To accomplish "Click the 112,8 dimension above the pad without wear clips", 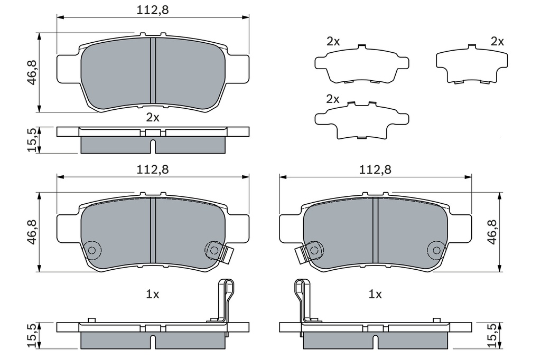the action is [x=153, y=10].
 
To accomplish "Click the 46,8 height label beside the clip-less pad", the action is [x=33, y=73].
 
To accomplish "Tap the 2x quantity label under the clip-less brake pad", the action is [x=153, y=118].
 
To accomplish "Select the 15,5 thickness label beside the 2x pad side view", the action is [x=33, y=140].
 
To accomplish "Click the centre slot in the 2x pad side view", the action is [x=153, y=146].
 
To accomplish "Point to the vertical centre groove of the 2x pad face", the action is [x=153, y=70].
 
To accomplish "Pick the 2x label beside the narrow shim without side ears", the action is [x=497, y=42].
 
